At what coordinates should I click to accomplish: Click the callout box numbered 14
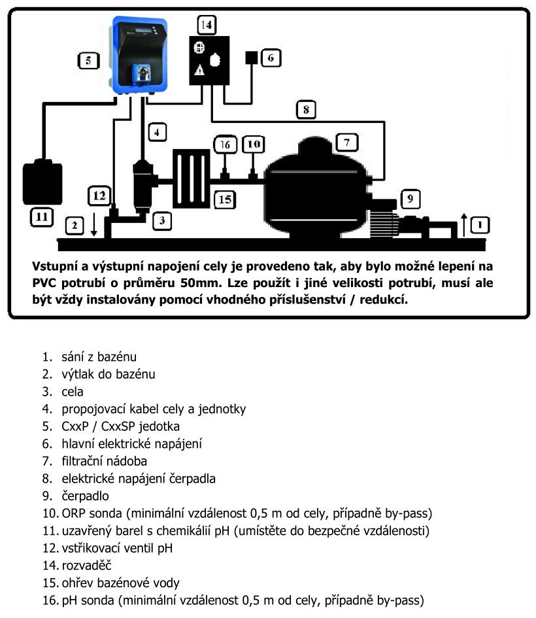coord(207,26)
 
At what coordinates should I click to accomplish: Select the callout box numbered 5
coord(88,61)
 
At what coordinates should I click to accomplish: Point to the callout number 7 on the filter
coord(347,142)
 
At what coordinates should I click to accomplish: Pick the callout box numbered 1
coord(480,226)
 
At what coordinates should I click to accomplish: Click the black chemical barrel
coord(42,182)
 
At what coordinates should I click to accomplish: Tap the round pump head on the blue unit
coord(140,73)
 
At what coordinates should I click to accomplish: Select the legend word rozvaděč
coord(88,565)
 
